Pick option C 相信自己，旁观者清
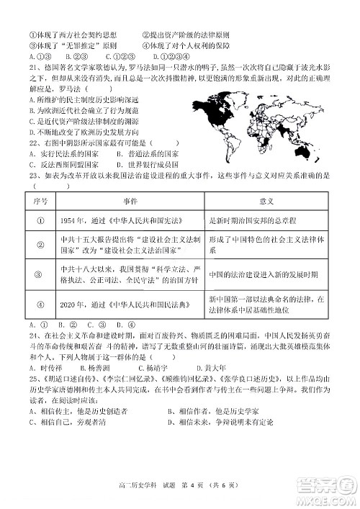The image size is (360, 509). tap(68, 420)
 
